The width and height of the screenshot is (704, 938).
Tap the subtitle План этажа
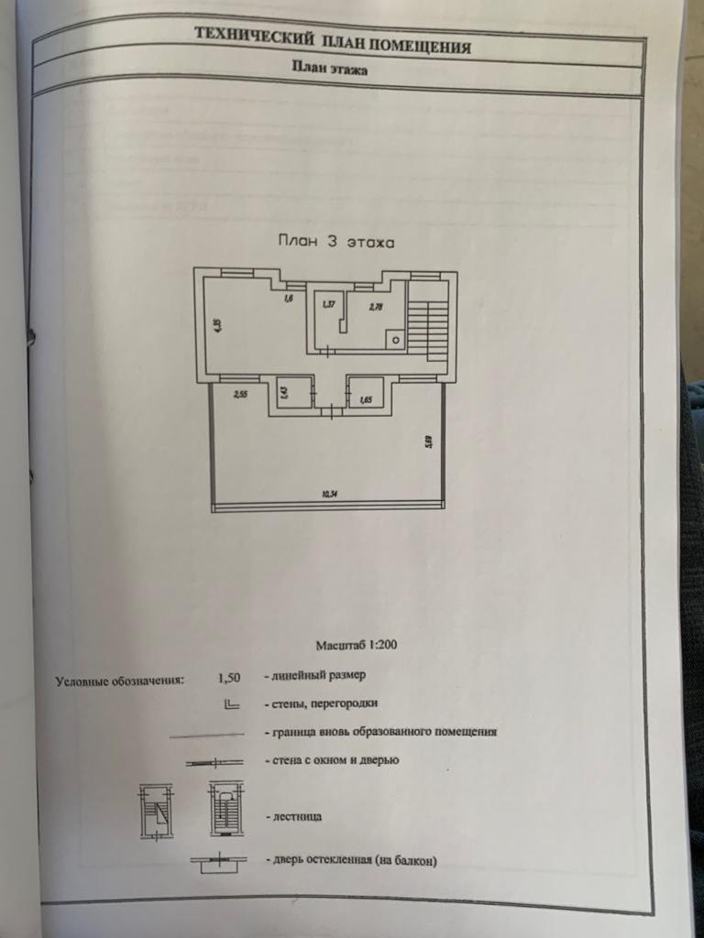(330, 68)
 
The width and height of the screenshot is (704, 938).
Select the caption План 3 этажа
(335, 243)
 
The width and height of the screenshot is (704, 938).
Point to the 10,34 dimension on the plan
(329, 496)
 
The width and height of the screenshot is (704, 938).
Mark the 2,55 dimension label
(241, 395)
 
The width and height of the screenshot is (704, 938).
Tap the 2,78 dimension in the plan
(376, 307)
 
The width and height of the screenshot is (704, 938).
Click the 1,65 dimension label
(366, 399)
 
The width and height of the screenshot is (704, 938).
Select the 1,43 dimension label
(284, 394)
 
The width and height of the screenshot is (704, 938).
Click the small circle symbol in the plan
(395, 340)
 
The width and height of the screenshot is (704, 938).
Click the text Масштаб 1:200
(357, 645)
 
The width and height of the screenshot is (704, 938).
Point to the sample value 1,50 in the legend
(229, 678)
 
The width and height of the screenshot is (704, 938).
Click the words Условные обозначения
(120, 681)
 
